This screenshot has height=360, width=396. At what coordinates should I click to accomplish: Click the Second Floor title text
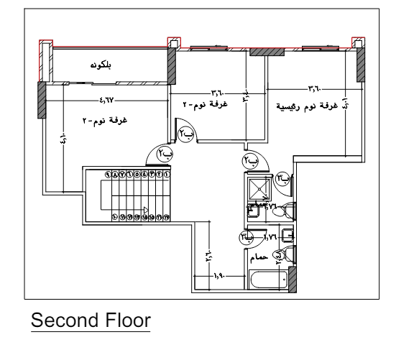coord(89,318)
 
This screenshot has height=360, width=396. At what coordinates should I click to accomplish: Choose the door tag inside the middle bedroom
coord(187,133)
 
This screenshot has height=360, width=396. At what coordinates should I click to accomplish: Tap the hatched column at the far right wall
coord(360,67)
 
